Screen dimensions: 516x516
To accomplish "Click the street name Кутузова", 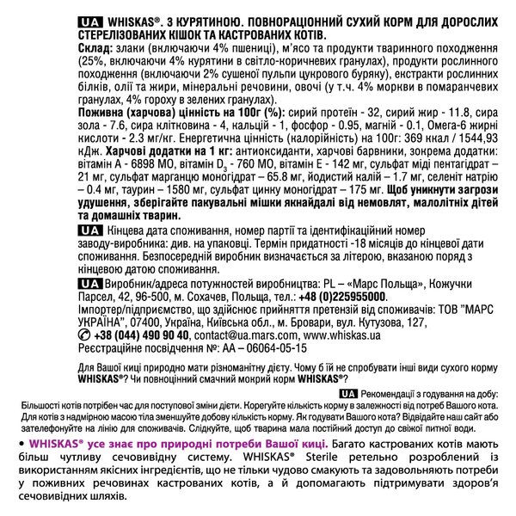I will click(x=373, y=322).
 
